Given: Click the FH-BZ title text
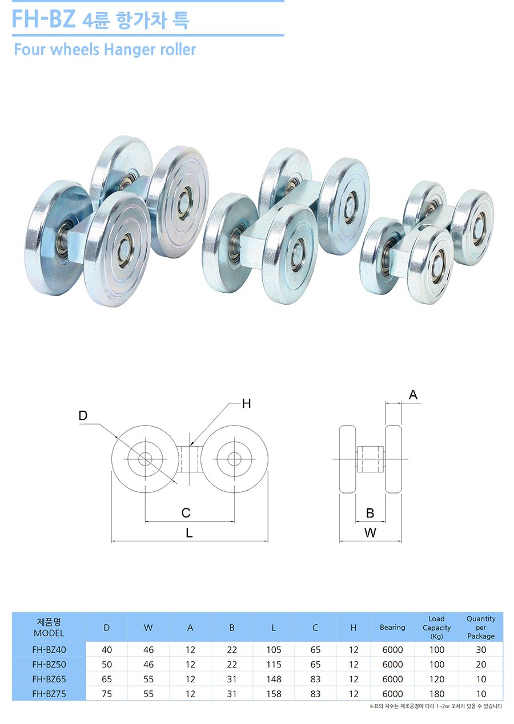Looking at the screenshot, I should pyautogui.click(x=44, y=19).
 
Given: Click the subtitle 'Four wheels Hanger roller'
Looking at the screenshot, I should pyautogui.click(x=105, y=50).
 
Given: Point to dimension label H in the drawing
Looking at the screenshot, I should pyautogui.click(x=246, y=404).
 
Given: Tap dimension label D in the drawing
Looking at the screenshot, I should pyautogui.click(x=83, y=416).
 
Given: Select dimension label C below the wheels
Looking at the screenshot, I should pyautogui.click(x=186, y=513).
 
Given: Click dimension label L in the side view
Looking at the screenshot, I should pyautogui.click(x=189, y=533).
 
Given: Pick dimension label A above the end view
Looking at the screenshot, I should pyautogui.click(x=413, y=395).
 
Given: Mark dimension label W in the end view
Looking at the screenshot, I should pyautogui.click(x=370, y=533).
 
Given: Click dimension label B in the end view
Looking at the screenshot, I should pyautogui.click(x=370, y=513).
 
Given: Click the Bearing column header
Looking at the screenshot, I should pyautogui.click(x=392, y=628).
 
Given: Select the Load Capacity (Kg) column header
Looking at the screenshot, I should pyautogui.click(x=436, y=628).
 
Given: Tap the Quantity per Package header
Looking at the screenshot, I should pyautogui.click(x=481, y=628).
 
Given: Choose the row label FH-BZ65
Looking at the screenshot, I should pyautogui.click(x=49, y=679).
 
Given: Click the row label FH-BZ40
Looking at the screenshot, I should pyautogui.click(x=49, y=650).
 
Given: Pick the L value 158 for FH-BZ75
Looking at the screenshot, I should pyautogui.click(x=274, y=694).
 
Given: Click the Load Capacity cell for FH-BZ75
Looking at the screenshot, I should pyautogui.click(x=436, y=694).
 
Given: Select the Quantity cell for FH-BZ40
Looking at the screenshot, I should pyautogui.click(x=481, y=650).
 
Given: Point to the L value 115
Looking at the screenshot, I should pyautogui.click(x=274, y=665).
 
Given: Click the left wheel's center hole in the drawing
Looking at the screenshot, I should pyautogui.click(x=144, y=458).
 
